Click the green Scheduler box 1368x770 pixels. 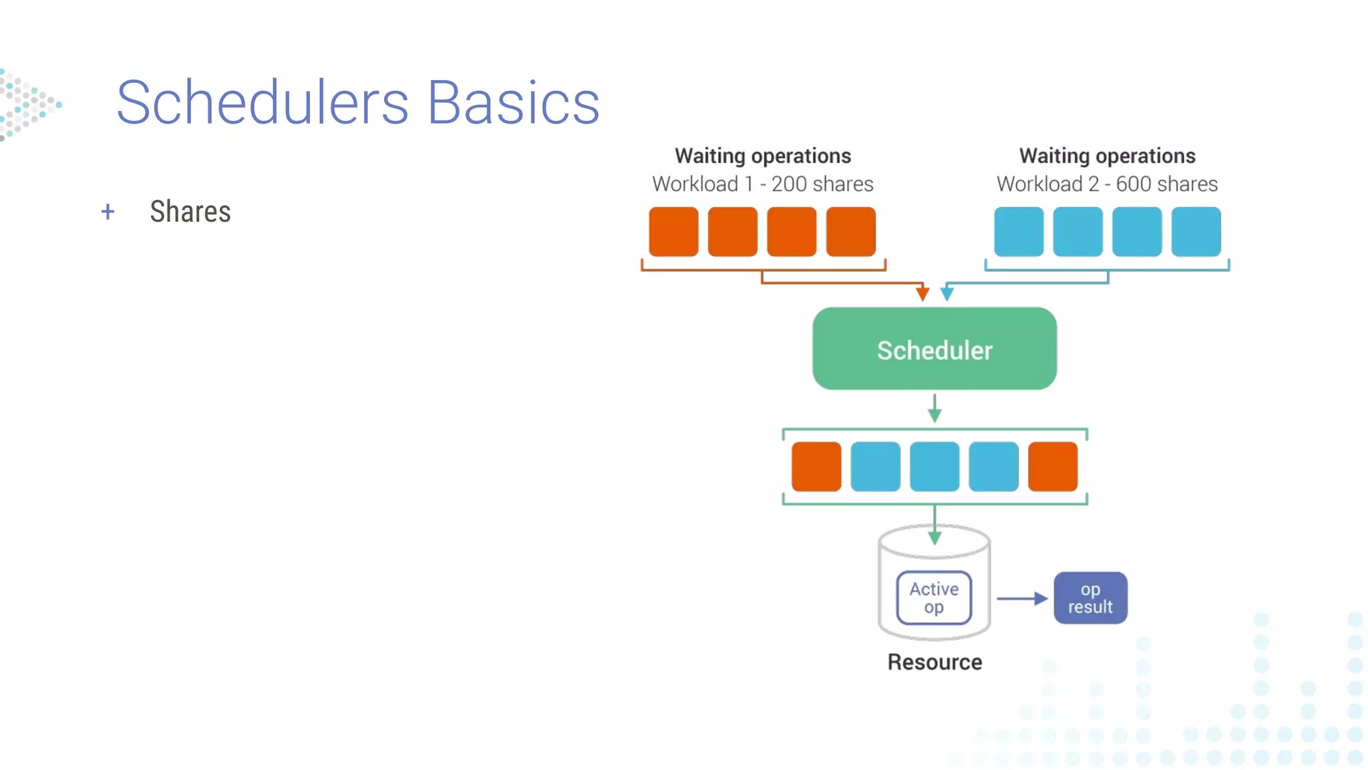point(934,349)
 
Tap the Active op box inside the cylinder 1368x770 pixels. point(934,598)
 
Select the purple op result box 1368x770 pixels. point(1090,598)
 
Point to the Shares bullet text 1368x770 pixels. point(190,212)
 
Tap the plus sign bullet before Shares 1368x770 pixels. point(108,212)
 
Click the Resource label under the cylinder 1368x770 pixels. point(934,662)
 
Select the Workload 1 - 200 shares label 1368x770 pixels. point(762,184)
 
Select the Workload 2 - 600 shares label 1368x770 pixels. point(1107,184)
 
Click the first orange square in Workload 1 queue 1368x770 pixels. point(673,231)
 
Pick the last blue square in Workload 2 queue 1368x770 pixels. point(1196,231)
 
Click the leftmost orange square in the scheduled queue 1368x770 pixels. point(816,466)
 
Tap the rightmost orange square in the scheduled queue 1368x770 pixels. point(1053,466)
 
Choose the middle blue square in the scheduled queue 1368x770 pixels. point(934,466)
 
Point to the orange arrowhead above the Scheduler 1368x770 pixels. point(922,293)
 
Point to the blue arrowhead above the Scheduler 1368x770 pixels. point(947,293)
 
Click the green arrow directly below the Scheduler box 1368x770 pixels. point(934,408)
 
